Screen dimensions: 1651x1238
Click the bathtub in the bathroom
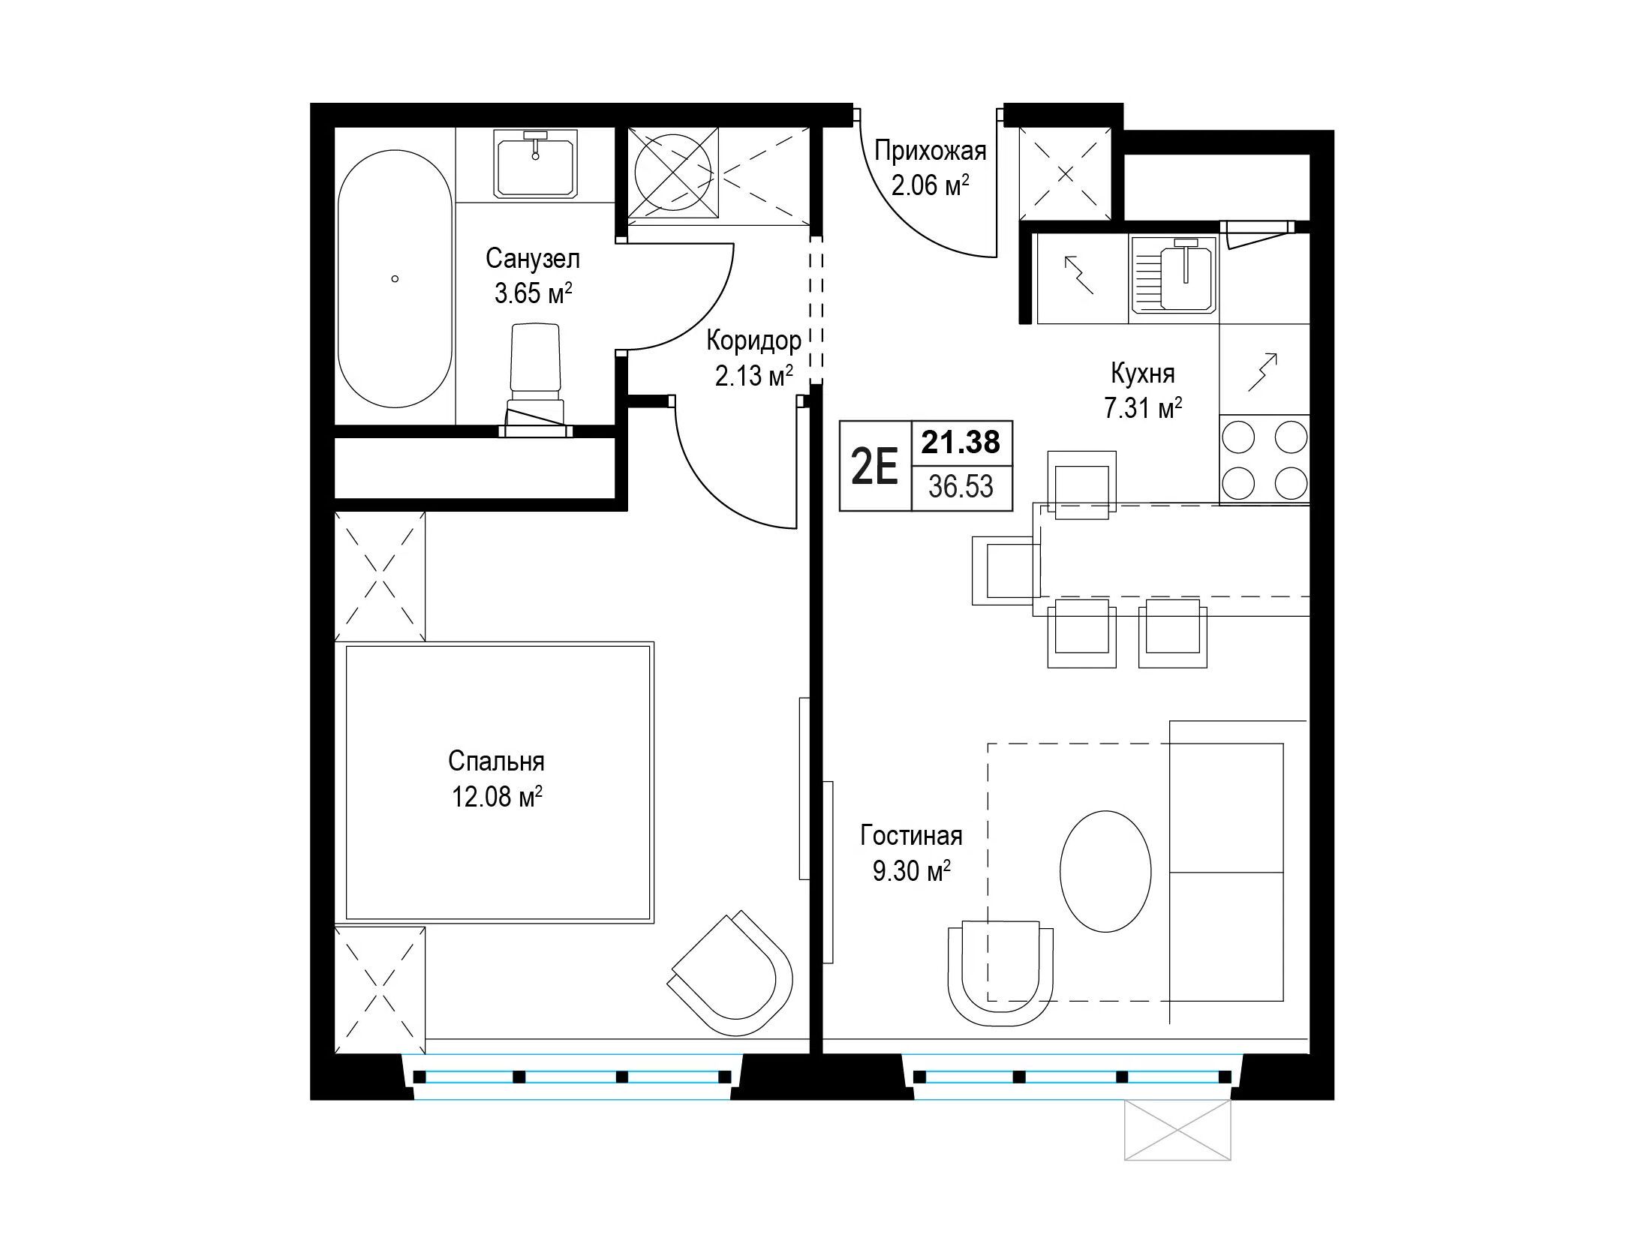[395, 279]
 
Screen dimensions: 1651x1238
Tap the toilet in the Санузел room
[536, 380]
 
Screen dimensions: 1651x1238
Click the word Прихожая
[930, 152]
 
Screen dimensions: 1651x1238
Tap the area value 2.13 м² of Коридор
[754, 375]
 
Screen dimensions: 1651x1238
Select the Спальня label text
[496, 762]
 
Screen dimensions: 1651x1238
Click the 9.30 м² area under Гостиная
[912, 872]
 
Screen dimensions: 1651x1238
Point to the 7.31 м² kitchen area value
[1143, 409]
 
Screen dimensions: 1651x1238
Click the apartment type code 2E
[875, 467]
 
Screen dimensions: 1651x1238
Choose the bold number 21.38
[961, 443]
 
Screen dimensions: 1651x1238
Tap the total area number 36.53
[961, 487]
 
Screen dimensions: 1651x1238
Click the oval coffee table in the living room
[1105, 871]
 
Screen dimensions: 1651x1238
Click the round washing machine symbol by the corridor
[673, 173]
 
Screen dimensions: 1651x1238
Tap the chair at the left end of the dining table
[1006, 570]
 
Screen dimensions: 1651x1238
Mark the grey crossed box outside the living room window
[1178, 1131]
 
